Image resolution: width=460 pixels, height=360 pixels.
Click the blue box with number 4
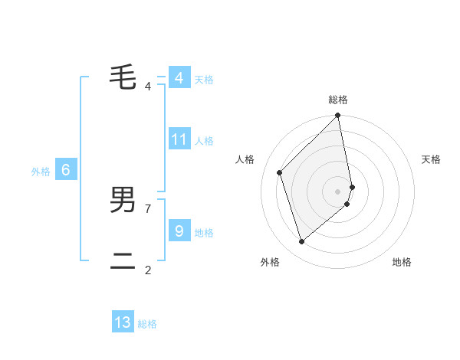click(179, 78)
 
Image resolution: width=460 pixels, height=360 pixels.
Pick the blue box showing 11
click(179, 139)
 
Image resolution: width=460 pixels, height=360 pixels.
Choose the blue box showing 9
click(179, 231)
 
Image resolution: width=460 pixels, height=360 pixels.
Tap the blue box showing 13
click(123, 322)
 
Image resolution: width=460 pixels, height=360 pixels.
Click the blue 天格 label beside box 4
click(204, 80)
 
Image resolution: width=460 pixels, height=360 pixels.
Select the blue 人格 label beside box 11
click(204, 141)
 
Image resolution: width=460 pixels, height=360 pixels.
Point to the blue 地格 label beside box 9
click(204, 232)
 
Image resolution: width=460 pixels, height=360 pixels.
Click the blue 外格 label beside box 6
click(41, 172)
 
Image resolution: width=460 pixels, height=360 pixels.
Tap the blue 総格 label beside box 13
click(147, 324)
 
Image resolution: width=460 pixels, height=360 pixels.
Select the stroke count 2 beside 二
click(148, 270)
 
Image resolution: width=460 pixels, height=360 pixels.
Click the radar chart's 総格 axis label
click(338, 100)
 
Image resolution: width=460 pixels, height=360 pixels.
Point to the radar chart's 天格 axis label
click(432, 159)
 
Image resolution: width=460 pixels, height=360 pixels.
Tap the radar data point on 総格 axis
click(338, 116)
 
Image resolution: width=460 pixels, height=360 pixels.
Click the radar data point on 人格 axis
click(280, 172)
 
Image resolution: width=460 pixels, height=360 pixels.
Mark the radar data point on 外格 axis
click(302, 242)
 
